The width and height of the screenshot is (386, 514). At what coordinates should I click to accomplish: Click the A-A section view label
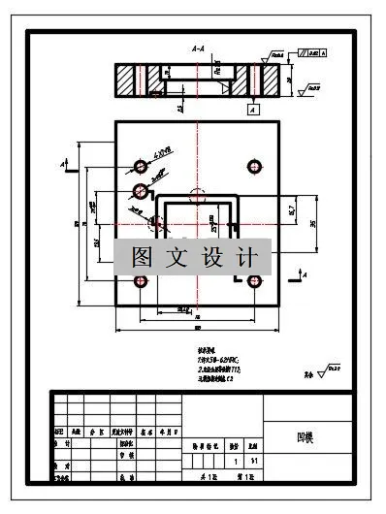click(x=198, y=48)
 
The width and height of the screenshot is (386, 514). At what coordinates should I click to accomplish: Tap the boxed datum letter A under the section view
click(x=252, y=111)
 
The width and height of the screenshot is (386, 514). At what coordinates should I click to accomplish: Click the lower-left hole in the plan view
click(x=141, y=281)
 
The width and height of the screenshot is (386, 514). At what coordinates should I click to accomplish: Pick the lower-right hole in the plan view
click(x=255, y=282)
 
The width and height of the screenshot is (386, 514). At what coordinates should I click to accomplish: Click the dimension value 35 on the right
click(x=312, y=223)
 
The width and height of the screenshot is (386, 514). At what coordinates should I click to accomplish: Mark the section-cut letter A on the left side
click(x=63, y=167)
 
